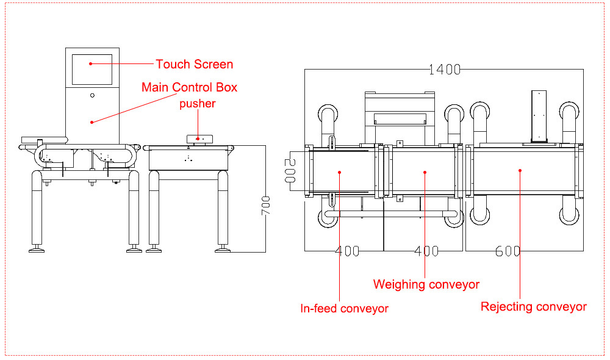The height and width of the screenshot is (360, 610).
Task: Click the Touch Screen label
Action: [195, 64]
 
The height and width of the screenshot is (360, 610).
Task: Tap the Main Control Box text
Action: [189, 87]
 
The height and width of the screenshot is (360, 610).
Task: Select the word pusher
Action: [197, 104]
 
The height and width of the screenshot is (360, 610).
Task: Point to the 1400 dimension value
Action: [445, 70]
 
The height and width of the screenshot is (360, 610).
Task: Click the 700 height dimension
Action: [266, 206]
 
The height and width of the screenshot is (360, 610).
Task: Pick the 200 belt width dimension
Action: [290, 171]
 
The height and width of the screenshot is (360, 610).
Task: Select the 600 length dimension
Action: [508, 251]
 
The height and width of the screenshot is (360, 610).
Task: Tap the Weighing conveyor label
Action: [426, 284]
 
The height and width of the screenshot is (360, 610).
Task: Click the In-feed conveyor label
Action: [344, 309]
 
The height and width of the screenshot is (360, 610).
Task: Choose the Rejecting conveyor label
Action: [533, 307]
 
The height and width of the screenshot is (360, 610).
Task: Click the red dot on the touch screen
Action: [91, 64]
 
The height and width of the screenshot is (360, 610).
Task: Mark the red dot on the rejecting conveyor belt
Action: [520, 170]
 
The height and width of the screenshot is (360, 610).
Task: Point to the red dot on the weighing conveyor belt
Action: [425, 172]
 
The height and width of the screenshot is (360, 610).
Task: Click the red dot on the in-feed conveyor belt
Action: [340, 172]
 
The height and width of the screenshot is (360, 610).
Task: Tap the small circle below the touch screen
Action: [92, 95]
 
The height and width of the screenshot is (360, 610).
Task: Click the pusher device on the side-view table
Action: [199, 139]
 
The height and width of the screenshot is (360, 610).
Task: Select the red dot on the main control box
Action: [92, 122]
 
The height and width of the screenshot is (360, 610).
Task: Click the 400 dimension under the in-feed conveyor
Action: [347, 251]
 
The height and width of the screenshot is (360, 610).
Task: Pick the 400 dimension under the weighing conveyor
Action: [426, 251]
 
